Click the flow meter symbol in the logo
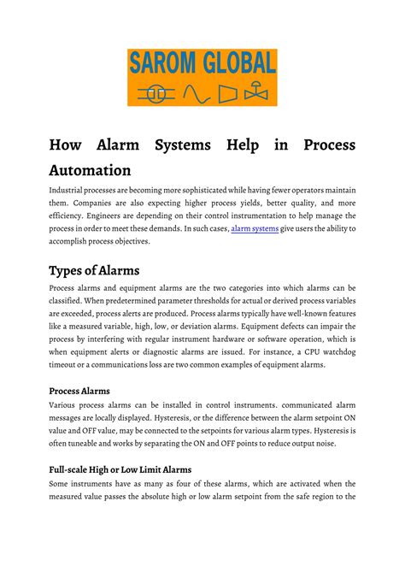(x=155, y=92)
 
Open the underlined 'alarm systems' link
(x=255, y=228)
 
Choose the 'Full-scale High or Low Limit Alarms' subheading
(x=120, y=469)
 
